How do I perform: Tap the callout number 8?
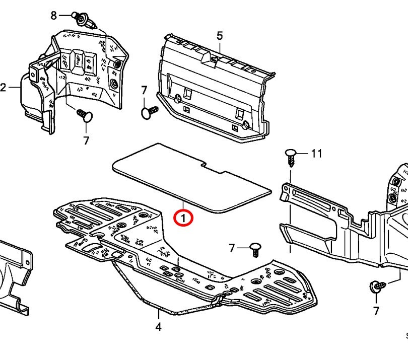[54, 15]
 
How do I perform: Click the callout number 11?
[316, 154]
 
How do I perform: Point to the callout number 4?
[158, 327]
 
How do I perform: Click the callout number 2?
[3, 88]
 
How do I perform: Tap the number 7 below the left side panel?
[86, 141]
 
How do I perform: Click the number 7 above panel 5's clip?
[144, 91]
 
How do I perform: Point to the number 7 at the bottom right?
[376, 311]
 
